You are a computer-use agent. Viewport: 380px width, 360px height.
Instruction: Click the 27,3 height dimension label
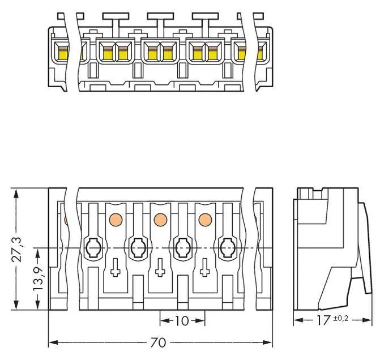17,250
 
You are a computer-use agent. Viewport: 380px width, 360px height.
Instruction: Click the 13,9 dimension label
38,278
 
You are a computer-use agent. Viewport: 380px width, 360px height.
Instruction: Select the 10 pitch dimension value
182,321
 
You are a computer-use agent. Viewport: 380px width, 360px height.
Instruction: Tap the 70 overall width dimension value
158,342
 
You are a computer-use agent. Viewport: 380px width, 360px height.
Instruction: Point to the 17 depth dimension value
323,320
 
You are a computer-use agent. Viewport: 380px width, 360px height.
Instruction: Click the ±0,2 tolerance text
340,318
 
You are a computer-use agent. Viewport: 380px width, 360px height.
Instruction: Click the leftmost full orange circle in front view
116,220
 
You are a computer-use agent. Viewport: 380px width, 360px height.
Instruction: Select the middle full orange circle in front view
160,220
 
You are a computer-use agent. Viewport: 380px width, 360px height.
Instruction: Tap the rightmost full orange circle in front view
205,220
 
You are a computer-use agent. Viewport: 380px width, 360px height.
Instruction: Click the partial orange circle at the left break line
66,220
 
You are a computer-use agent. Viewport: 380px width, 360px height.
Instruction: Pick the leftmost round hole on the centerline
93,248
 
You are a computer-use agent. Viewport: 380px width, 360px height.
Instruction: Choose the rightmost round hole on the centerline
228,248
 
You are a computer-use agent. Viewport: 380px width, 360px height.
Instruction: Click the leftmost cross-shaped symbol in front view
116,267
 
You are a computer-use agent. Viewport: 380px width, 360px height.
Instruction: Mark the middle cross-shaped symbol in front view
160,267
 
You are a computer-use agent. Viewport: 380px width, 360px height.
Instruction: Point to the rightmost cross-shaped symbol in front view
205,267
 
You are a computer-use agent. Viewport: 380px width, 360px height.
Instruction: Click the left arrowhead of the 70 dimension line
53,342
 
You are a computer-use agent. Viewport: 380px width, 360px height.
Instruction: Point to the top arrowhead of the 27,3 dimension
16,194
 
